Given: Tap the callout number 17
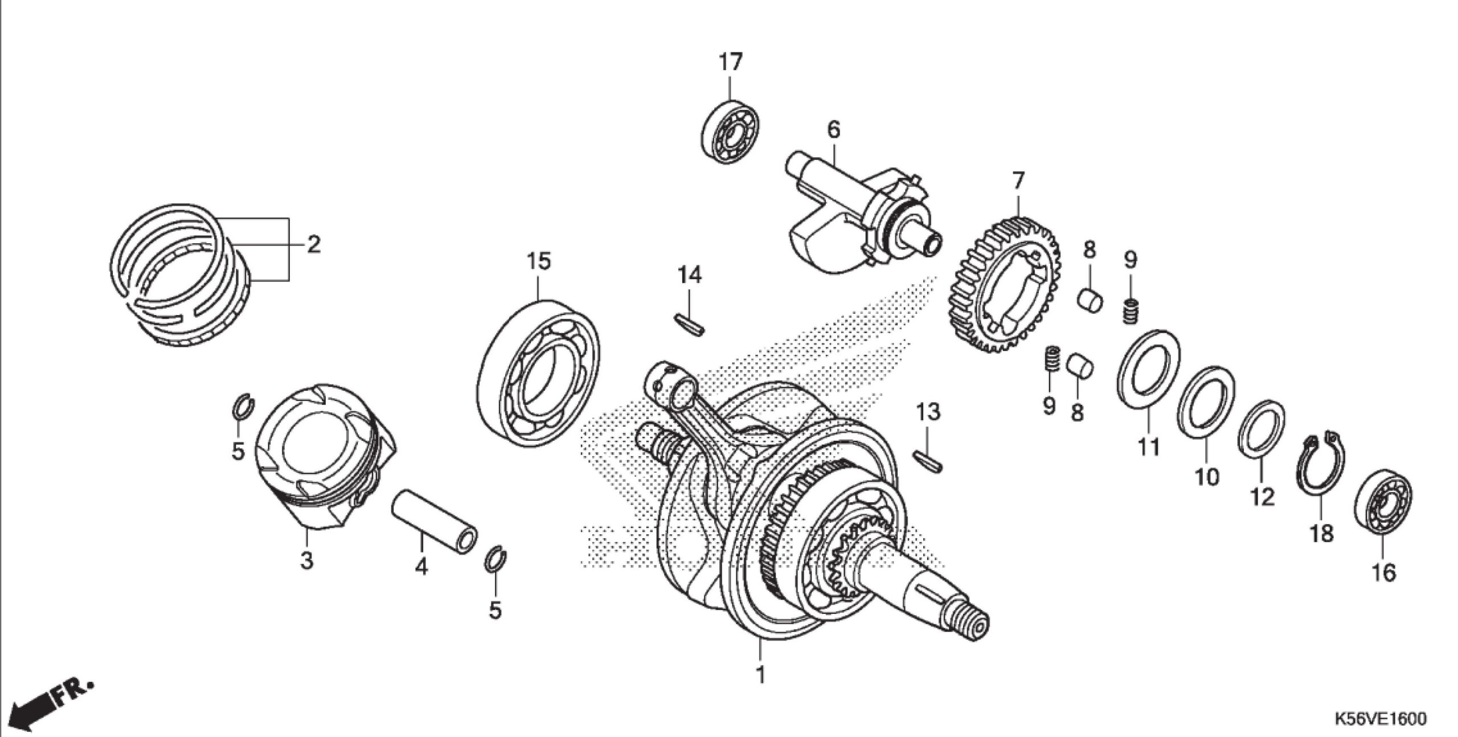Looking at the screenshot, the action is (x=730, y=62).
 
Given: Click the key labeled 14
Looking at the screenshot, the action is (x=689, y=324).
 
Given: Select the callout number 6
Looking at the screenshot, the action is (x=833, y=130).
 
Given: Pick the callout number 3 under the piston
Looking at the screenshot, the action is (x=307, y=560).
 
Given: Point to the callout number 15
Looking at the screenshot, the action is (x=538, y=261).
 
